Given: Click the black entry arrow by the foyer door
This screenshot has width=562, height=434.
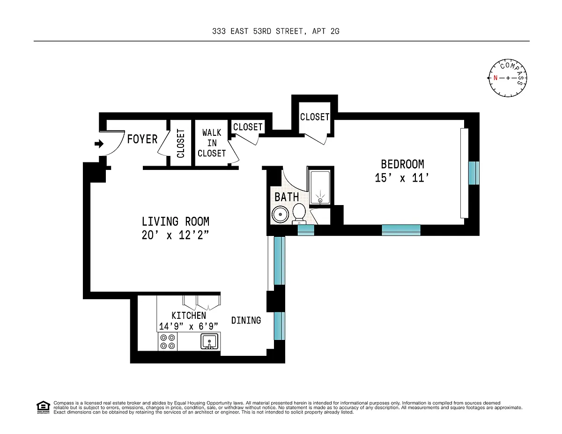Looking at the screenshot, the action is click(x=99, y=144).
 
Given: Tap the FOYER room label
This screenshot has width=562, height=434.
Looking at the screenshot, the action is click(x=142, y=139).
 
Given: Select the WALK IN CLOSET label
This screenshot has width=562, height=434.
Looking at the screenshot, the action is click(x=212, y=143).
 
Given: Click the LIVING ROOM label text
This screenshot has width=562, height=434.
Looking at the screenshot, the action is click(x=175, y=221).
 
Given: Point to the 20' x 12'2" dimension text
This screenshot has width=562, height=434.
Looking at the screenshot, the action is click(x=175, y=235).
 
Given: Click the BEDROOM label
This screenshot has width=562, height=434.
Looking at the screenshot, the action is click(x=402, y=164).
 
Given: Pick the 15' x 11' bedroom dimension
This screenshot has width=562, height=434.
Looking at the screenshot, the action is click(x=402, y=178).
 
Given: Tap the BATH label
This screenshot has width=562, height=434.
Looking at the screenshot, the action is click(x=287, y=197).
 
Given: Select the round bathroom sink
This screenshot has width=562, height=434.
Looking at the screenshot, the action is click(x=280, y=214).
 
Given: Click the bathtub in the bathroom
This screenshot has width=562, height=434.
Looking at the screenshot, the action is click(x=320, y=187).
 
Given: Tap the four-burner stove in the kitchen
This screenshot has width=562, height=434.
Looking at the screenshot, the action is click(x=168, y=341).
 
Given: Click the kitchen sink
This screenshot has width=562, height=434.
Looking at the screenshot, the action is click(x=209, y=341).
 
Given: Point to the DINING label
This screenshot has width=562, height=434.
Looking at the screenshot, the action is click(x=246, y=321).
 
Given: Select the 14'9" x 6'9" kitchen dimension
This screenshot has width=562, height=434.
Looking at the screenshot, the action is click(x=189, y=326).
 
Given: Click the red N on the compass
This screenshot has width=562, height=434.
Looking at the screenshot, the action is click(x=495, y=78).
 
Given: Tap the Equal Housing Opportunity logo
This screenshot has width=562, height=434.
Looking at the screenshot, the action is click(x=43, y=407).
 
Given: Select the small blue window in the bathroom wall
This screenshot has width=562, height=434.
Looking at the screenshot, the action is click(x=306, y=230).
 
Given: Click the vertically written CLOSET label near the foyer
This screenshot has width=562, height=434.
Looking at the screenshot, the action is click(x=180, y=143).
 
